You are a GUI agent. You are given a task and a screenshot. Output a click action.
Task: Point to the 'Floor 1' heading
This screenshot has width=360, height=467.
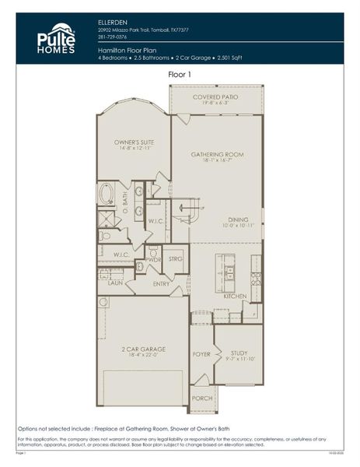click(180, 74)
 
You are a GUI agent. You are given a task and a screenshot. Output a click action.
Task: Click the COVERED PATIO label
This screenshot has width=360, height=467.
click(217, 97)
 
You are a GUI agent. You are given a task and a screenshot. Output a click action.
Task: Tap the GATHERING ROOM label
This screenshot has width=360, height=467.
click(217, 154)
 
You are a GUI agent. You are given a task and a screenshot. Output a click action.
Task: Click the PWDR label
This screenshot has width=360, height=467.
click(153, 259)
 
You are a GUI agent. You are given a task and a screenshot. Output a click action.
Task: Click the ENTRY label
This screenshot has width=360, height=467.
click(161, 284)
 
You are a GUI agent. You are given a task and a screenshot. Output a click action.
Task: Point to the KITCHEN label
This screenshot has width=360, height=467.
click(234, 297)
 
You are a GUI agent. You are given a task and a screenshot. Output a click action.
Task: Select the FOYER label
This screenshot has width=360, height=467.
click(201, 354)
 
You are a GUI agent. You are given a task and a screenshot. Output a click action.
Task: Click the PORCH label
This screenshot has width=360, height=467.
click(202, 398)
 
